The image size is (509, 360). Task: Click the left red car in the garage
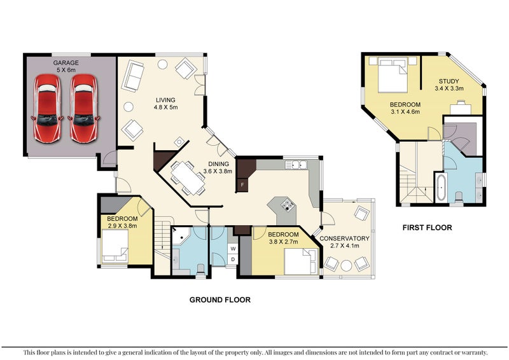tap(48, 108)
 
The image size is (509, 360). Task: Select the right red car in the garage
tap(84, 108)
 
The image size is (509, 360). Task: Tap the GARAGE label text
tap(66, 63)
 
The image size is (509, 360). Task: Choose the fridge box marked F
tap(242, 184)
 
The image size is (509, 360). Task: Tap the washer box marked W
tap(233, 248)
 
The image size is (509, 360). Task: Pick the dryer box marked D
tap(233, 259)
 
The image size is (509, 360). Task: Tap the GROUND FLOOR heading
tap(220, 300)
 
